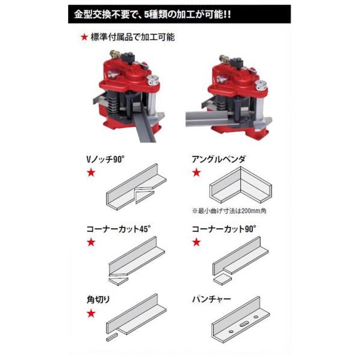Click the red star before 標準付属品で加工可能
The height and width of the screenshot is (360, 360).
(x=84, y=38)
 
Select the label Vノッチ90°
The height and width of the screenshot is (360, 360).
(x=109, y=161)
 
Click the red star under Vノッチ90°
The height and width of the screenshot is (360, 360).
(x=91, y=173)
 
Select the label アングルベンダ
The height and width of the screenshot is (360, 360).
(x=220, y=161)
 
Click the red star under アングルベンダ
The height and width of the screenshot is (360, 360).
(x=196, y=173)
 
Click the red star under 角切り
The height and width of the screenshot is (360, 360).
(x=91, y=312)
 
